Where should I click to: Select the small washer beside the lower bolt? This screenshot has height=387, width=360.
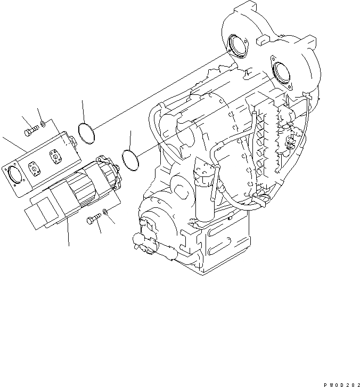point(108,212)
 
